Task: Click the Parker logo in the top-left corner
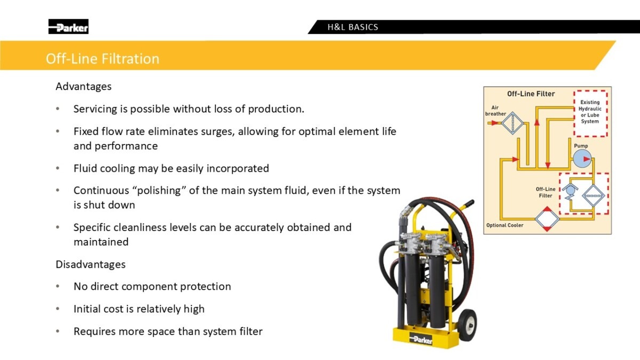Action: (x=68, y=27)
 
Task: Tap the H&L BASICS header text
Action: (x=353, y=27)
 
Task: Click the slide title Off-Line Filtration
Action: (x=102, y=59)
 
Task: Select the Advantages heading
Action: (x=83, y=86)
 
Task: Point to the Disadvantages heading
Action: (x=91, y=265)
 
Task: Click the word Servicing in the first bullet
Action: (x=95, y=109)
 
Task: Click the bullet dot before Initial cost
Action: (x=58, y=309)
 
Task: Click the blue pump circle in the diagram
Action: (x=582, y=159)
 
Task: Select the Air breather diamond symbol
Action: (x=513, y=123)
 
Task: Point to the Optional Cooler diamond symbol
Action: (x=547, y=219)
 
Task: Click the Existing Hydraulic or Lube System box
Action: (x=590, y=114)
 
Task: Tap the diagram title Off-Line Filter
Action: (x=531, y=94)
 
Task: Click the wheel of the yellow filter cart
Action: (x=467, y=325)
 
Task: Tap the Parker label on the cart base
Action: (x=421, y=339)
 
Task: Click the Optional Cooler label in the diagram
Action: (x=505, y=225)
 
